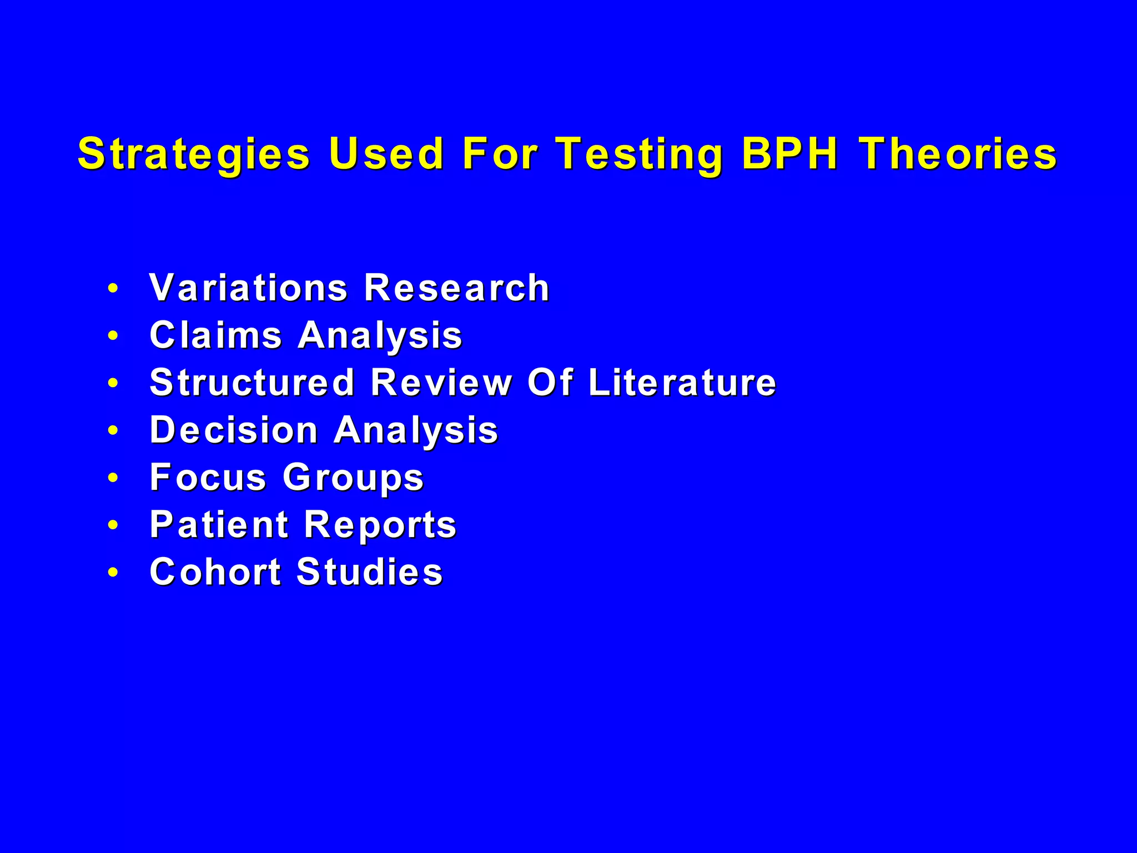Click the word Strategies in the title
[x=194, y=154]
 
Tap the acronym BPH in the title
[x=789, y=153]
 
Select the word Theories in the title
[x=958, y=153]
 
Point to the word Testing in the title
[x=640, y=154]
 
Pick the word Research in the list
[x=456, y=288]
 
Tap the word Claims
[x=216, y=335]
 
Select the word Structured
[x=252, y=383]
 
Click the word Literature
[x=682, y=383]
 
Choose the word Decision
[x=234, y=430]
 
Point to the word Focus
[x=208, y=477]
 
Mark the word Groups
[x=353, y=478]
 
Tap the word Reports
[x=380, y=525]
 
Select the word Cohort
[x=215, y=572]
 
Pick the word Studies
[x=370, y=572]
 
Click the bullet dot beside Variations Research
[x=113, y=288]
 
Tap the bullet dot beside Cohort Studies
[x=113, y=572]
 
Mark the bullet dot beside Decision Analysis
[x=113, y=430]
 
